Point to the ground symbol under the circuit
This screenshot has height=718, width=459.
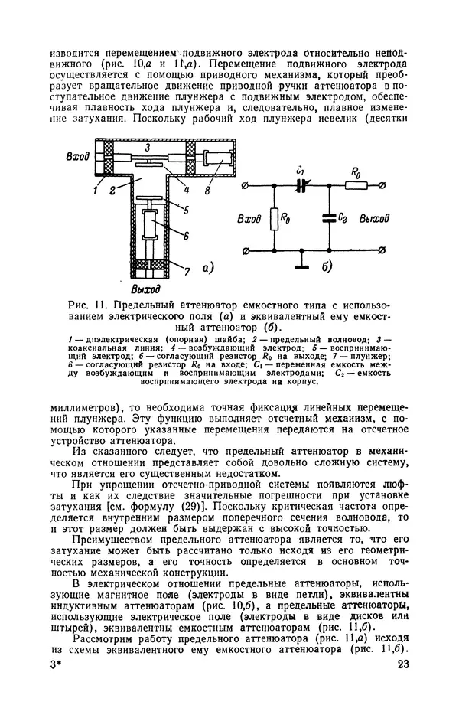(x=301, y=266)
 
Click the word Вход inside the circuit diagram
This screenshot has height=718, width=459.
(x=249, y=218)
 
